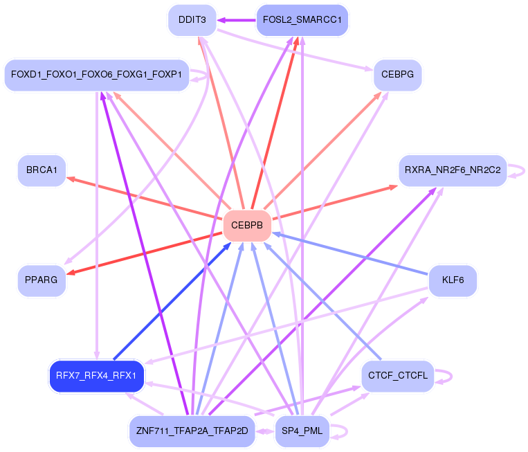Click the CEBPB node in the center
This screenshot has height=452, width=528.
pyautogui.click(x=246, y=226)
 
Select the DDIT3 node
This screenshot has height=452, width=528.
pyautogui.click(x=192, y=20)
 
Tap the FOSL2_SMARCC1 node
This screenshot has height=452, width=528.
pyautogui.click(x=302, y=20)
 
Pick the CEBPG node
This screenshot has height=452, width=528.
pyautogui.click(x=397, y=75)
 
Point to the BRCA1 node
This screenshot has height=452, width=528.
pyautogui.click(x=42, y=170)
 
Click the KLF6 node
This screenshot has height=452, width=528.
pyautogui.click(x=453, y=280)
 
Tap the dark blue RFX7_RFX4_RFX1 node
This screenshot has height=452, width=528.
pyautogui.click(x=96, y=377)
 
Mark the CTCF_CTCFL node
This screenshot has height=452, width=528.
pyautogui.click(x=397, y=377)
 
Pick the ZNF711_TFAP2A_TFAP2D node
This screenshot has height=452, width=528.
pyautogui.click(x=192, y=431)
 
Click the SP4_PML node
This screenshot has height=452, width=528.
pyautogui.click(x=302, y=431)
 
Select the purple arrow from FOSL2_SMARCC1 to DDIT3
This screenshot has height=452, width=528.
pyautogui.click(x=237, y=20)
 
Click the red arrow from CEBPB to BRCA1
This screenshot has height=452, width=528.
pyautogui.click(x=145, y=199)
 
